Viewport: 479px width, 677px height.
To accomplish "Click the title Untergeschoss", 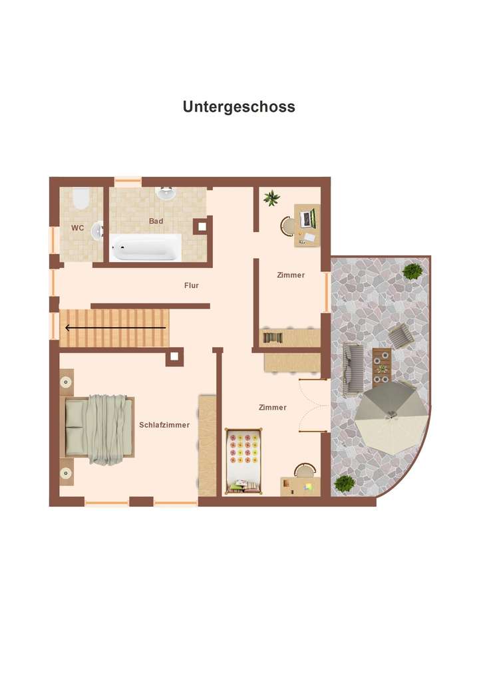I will [239, 106].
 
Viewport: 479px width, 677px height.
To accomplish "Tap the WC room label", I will [78, 228].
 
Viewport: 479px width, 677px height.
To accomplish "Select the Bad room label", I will [156, 221].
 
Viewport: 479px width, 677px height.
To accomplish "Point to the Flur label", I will [192, 285].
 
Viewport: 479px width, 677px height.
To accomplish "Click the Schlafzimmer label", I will [164, 425].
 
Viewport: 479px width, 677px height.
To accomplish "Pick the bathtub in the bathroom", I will [146, 248].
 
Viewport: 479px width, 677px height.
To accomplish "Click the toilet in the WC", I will [80, 198].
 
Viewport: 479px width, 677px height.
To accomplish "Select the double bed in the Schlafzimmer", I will [98, 429].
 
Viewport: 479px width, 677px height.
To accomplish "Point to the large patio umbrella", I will [391, 418].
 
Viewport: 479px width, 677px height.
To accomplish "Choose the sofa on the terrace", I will [353, 370].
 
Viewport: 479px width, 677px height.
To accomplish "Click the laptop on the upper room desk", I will [307, 217].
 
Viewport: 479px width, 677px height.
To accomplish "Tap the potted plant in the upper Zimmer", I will [271, 198].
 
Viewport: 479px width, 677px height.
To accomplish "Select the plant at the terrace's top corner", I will [412, 271].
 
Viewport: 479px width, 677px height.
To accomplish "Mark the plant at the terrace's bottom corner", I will [344, 483].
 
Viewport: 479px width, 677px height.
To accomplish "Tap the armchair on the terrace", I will [400, 336].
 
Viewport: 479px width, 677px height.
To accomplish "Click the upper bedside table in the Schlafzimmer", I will [67, 382].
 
